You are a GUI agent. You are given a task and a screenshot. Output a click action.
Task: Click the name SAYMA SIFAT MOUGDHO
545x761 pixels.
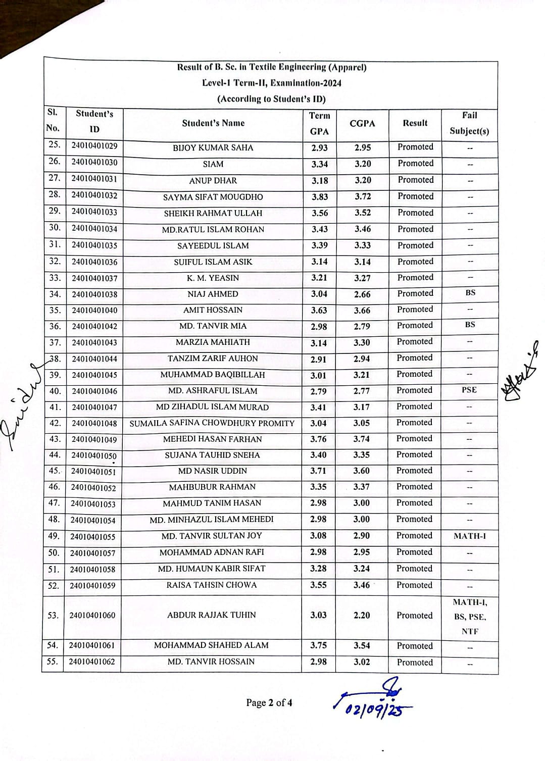[x=213, y=197]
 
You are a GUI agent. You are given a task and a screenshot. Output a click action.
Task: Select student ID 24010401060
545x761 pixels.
[x=92, y=615]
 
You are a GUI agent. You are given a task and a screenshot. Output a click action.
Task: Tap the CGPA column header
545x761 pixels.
[x=362, y=123]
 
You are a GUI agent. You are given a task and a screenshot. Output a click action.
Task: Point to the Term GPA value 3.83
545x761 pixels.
[x=319, y=197]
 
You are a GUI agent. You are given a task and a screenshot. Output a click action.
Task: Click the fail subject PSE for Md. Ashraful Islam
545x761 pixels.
[x=469, y=390]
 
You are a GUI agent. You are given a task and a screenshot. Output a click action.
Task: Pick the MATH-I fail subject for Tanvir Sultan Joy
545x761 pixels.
[x=469, y=536]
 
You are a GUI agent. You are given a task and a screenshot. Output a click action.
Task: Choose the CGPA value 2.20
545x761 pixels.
[x=362, y=615]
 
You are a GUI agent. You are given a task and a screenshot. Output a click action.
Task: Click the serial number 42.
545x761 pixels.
[x=55, y=423]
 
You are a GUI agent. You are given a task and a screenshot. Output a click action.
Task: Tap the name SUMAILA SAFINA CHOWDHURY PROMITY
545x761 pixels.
[x=212, y=423]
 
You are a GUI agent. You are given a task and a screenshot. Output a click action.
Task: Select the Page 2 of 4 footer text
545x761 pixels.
[x=269, y=702]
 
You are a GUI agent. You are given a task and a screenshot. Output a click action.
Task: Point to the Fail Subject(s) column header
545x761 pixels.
[x=469, y=123]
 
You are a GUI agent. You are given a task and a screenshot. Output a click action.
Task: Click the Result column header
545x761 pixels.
[x=415, y=123]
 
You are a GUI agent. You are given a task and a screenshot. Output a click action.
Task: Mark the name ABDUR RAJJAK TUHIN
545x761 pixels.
[x=211, y=615]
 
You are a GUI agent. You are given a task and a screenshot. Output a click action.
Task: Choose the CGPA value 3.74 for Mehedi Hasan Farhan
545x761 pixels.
[x=361, y=439]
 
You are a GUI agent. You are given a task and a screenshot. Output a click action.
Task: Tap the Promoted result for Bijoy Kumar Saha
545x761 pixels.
[x=415, y=147]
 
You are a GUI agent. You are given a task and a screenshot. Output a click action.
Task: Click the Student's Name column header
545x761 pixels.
[x=213, y=123]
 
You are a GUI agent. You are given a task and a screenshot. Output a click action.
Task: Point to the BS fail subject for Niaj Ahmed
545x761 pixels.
[x=470, y=293]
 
